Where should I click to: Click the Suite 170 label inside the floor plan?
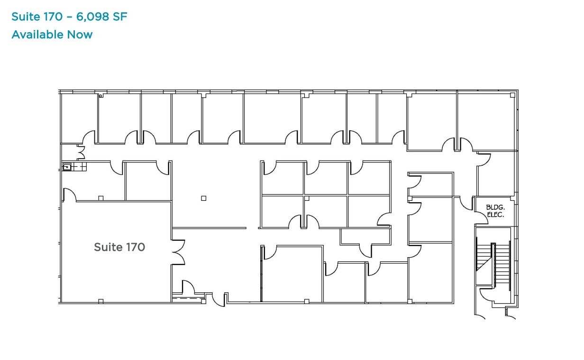119,247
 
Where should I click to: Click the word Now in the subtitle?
80,35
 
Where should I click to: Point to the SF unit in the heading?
120,17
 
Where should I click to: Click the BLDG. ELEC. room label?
495,211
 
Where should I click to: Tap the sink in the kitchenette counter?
67,166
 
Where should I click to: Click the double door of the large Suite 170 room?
178,252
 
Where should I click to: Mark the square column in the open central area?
203,198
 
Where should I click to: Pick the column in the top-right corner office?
512,95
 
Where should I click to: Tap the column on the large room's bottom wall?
100,301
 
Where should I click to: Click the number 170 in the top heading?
53,17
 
